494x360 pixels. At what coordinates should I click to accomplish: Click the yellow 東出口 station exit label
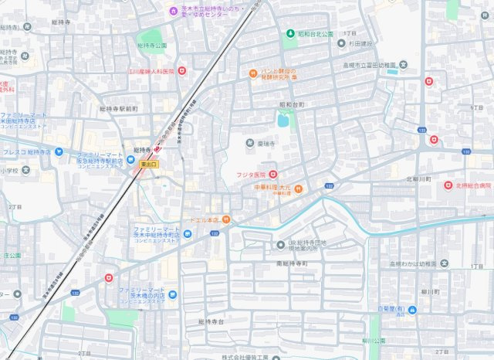(x=149, y=165)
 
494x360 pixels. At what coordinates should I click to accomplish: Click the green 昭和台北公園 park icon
(x=290, y=35)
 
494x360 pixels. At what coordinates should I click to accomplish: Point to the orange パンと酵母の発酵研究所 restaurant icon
(x=252, y=74)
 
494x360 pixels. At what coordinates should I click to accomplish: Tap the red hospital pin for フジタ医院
(x=273, y=175)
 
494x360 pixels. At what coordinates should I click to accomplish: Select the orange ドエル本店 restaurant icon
(x=225, y=219)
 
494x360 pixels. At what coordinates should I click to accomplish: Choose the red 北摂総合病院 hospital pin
(x=447, y=185)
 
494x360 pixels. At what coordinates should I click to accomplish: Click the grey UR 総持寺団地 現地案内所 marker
(x=282, y=245)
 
